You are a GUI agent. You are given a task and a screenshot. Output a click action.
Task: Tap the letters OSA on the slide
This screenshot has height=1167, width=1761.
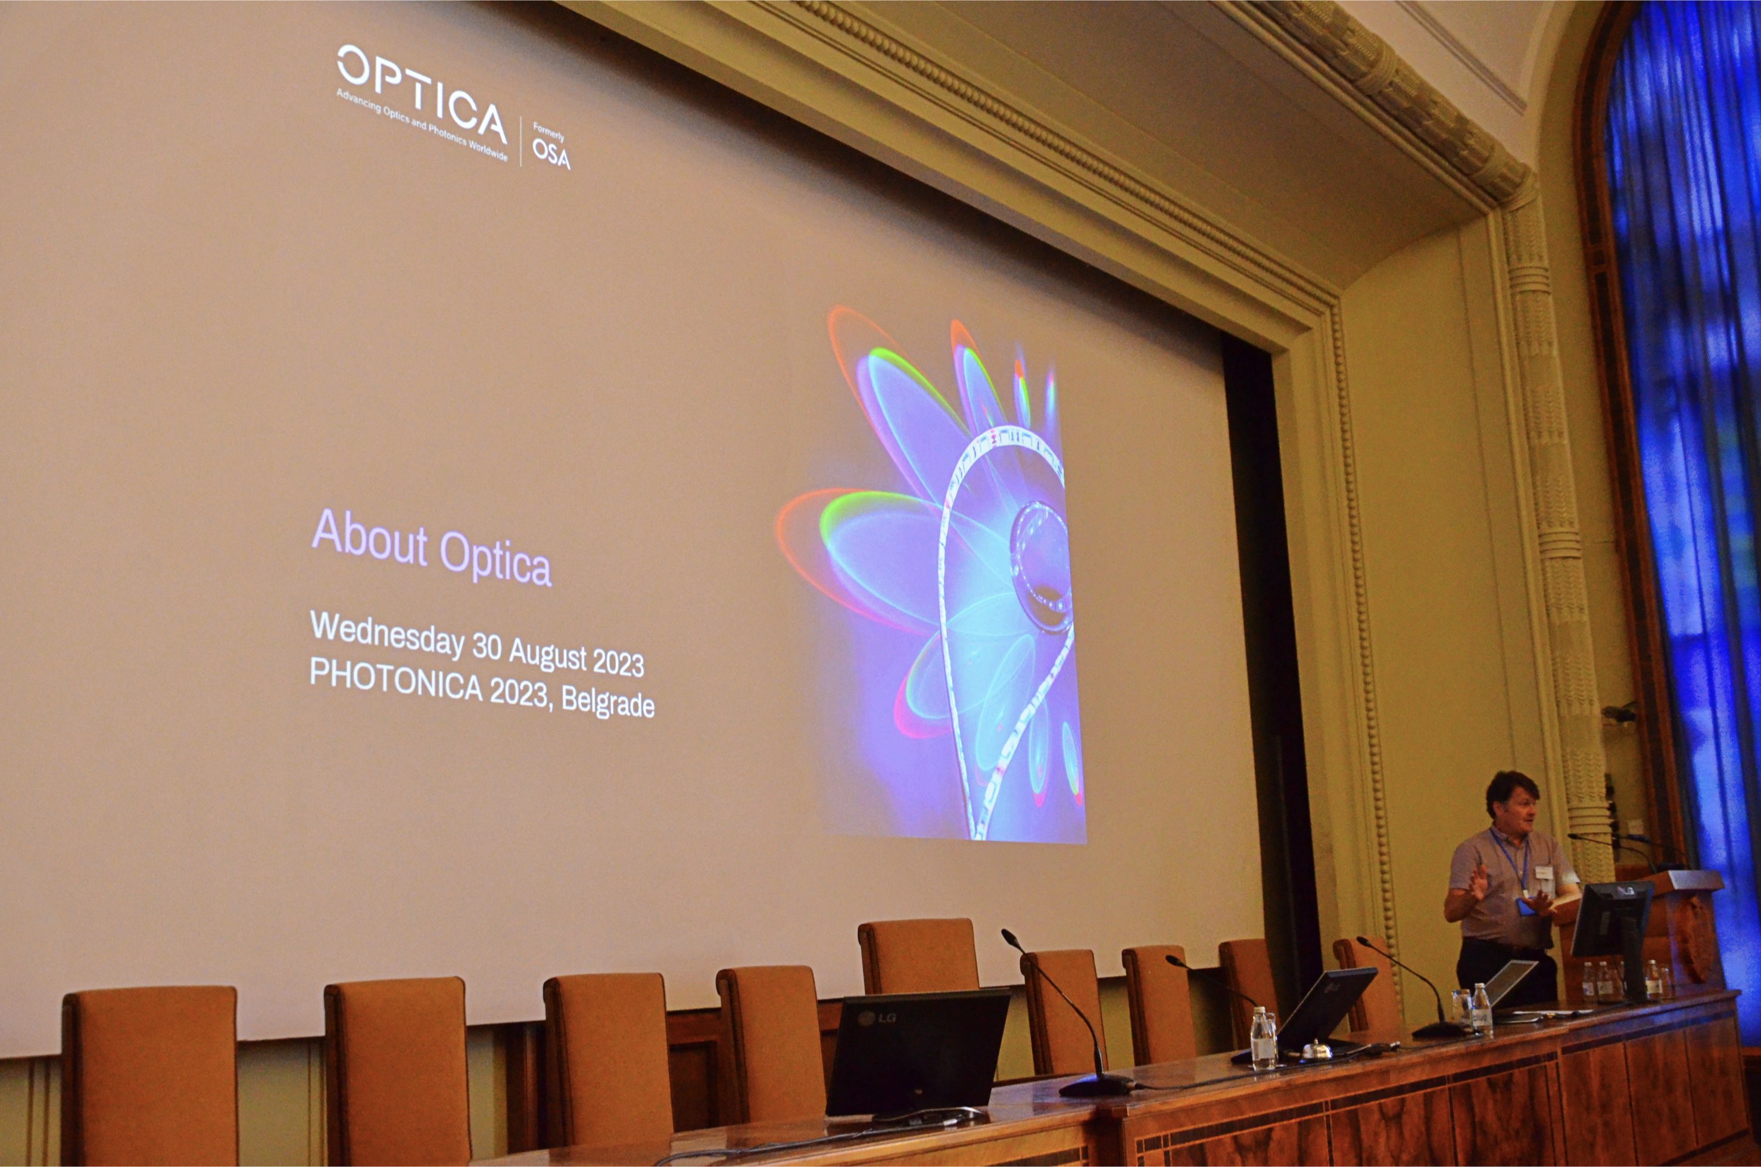point(551,155)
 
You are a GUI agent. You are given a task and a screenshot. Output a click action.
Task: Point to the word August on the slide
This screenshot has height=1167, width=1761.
point(548,653)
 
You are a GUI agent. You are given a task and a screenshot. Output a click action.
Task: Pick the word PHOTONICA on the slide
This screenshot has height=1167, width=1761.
point(396,680)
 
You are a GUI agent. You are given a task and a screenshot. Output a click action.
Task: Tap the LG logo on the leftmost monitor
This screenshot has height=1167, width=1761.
point(878,1017)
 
